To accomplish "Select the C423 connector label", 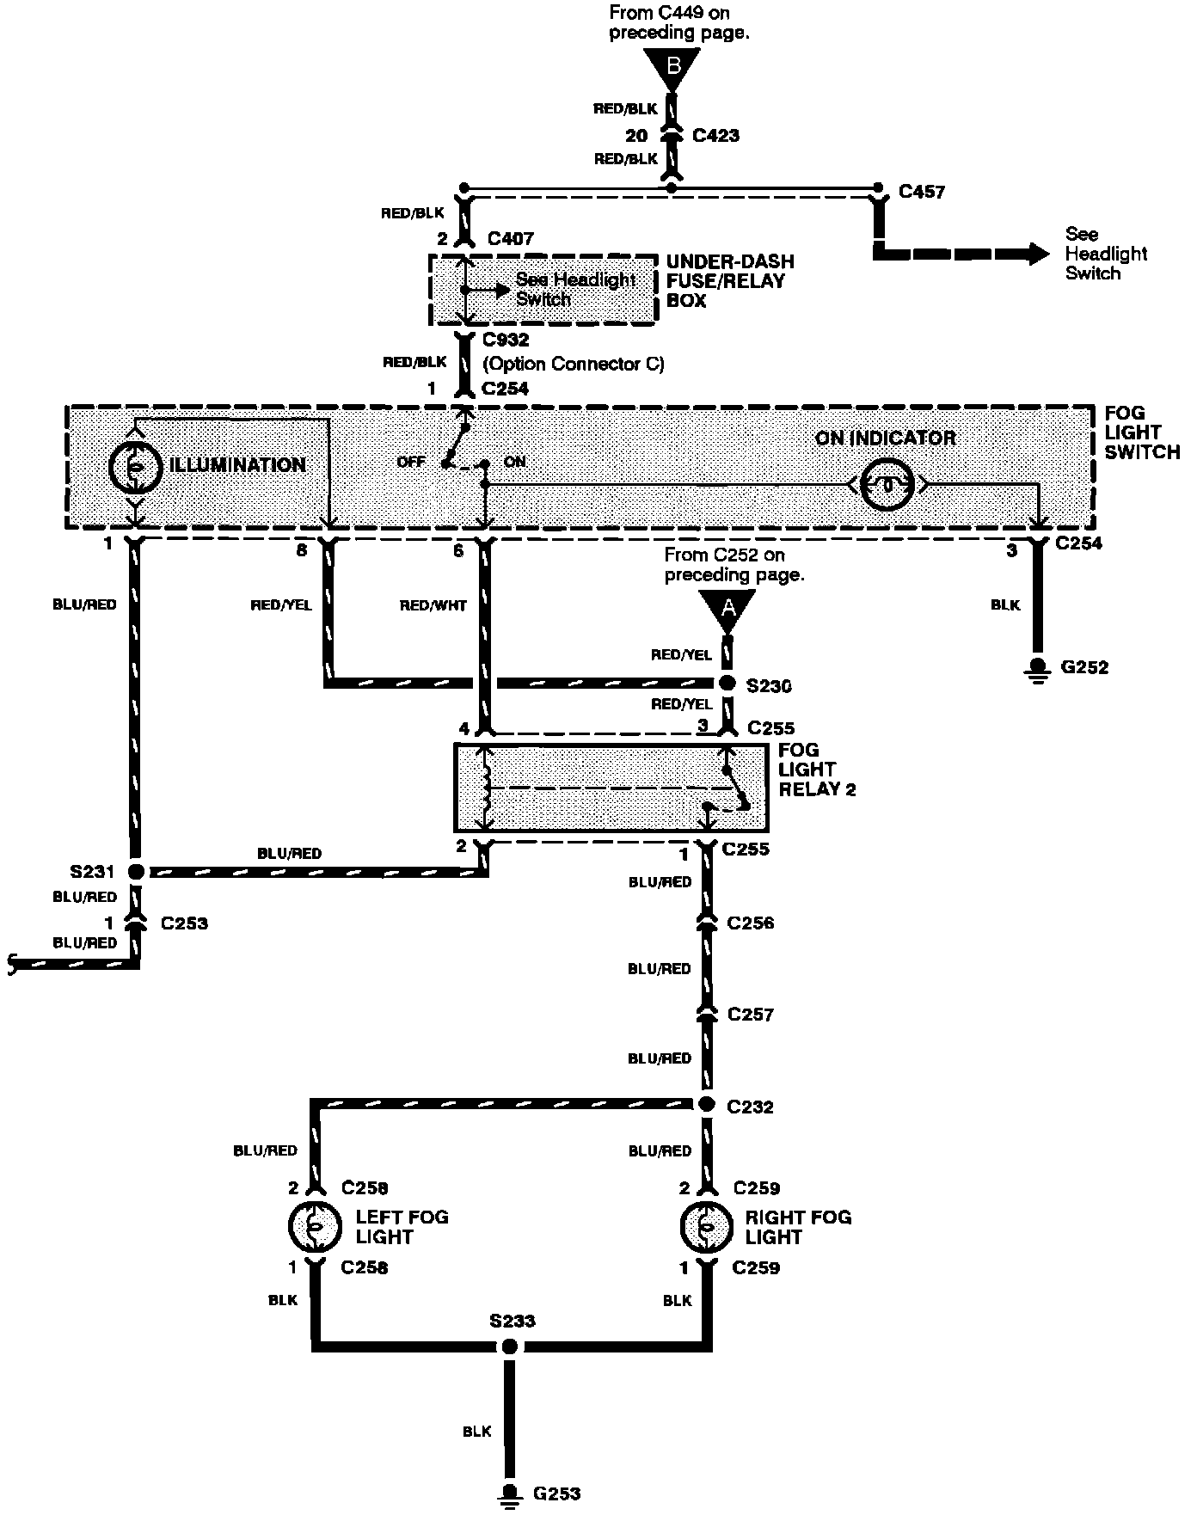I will point(715,136).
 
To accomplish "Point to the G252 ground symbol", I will point(1038,668).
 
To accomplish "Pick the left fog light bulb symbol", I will point(315,1227).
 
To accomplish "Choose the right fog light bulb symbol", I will point(705,1227).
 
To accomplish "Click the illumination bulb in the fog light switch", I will point(135,466).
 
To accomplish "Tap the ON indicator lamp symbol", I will point(887,485).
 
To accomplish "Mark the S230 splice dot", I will point(727,684).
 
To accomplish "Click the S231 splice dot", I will point(136,872).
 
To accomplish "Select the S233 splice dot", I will point(510,1346).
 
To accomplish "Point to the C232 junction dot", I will point(706,1105).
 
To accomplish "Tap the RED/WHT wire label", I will point(433,606).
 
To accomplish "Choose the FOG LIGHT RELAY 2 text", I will point(817,770).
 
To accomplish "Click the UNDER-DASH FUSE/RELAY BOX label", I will point(730,281).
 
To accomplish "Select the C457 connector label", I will point(921,192).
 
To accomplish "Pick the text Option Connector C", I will point(574,364).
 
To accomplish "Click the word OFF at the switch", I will point(411,463).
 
